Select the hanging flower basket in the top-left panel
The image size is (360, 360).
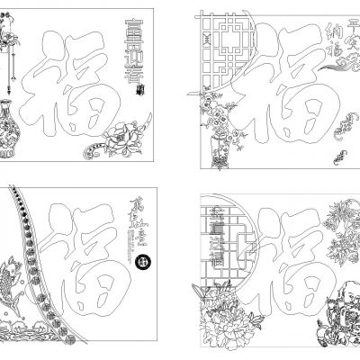click(x=14, y=45)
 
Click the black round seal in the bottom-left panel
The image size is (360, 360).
click(x=141, y=265)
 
